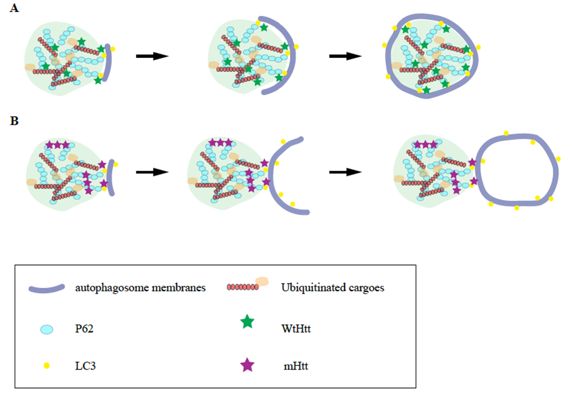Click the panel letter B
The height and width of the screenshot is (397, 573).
(14, 119)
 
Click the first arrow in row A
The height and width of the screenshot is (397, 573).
(152, 56)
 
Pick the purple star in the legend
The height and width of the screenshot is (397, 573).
(247, 365)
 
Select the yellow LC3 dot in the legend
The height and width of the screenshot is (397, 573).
(46, 366)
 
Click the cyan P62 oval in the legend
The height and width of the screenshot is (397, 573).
(46, 329)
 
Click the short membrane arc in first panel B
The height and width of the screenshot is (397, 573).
(110, 177)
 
